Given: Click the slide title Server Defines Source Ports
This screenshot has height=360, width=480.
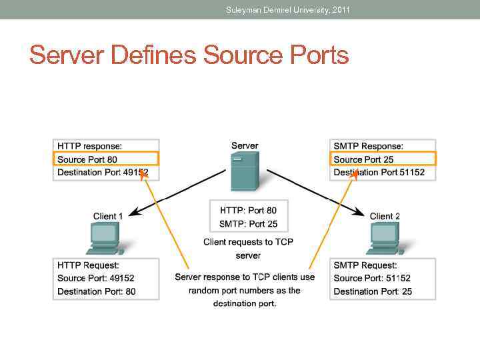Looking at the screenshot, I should (189, 55).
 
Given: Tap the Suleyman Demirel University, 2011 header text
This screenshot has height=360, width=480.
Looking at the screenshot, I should (287, 9).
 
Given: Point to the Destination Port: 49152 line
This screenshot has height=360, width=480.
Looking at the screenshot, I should (103, 173).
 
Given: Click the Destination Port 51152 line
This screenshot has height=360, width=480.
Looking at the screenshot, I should (379, 173).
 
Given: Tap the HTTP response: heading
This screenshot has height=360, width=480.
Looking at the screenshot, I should (89, 146).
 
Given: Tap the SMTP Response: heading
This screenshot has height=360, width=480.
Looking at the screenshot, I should (368, 146).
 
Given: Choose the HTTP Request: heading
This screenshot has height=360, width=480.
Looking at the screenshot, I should (88, 265).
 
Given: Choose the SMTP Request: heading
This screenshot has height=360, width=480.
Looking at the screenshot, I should (365, 265).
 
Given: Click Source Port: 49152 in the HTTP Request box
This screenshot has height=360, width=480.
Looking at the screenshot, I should (95, 278).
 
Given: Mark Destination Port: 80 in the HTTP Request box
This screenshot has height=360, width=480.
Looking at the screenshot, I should (96, 291).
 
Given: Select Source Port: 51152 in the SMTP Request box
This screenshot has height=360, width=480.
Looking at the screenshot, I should (372, 278).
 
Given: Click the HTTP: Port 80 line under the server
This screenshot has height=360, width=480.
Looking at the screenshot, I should (248, 211).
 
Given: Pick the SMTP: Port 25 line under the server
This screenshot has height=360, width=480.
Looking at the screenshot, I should (249, 224).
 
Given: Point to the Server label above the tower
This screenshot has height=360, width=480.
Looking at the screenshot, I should (245, 145).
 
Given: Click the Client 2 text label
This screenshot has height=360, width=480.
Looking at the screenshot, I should (385, 216).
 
